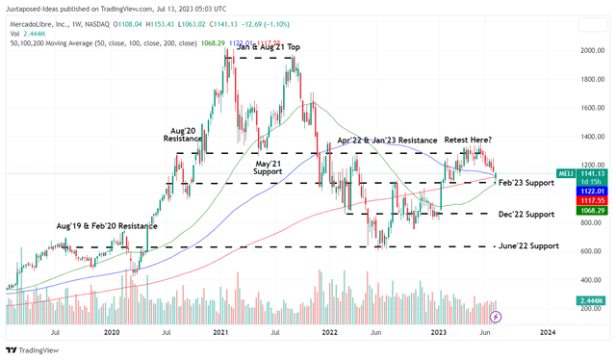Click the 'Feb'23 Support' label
coord(527,182)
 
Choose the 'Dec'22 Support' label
coord(527,214)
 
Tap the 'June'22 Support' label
coord(529,246)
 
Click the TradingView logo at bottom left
coord(29,349)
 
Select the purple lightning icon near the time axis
coord(497,315)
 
